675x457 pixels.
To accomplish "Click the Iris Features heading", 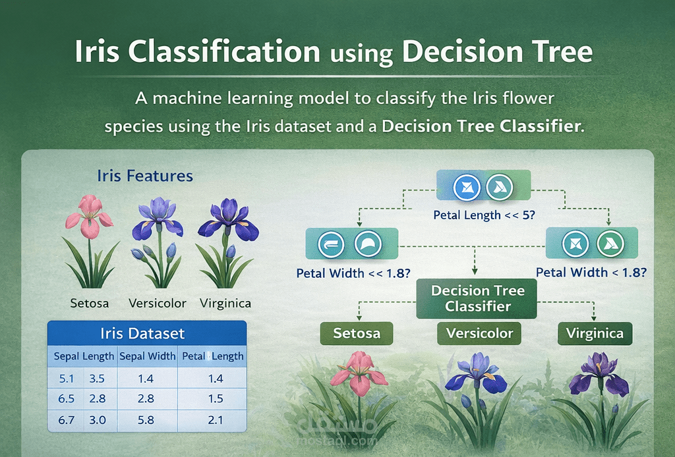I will click(145, 176).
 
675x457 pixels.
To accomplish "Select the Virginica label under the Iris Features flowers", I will click(226, 304).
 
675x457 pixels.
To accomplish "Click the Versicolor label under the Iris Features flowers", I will click(158, 304).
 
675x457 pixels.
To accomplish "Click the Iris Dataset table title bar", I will click(147, 333).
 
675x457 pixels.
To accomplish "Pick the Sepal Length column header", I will click(84, 356).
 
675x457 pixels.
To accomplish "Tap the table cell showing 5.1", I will click(66, 379).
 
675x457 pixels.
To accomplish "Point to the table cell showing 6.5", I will click(66, 399).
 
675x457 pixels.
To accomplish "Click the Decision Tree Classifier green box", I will click(477, 298).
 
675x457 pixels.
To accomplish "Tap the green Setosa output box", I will click(357, 333).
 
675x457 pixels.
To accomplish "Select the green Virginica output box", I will click(595, 333).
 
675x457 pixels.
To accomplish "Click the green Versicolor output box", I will click(479, 333).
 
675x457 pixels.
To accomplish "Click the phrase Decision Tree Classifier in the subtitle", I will click(483, 126).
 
